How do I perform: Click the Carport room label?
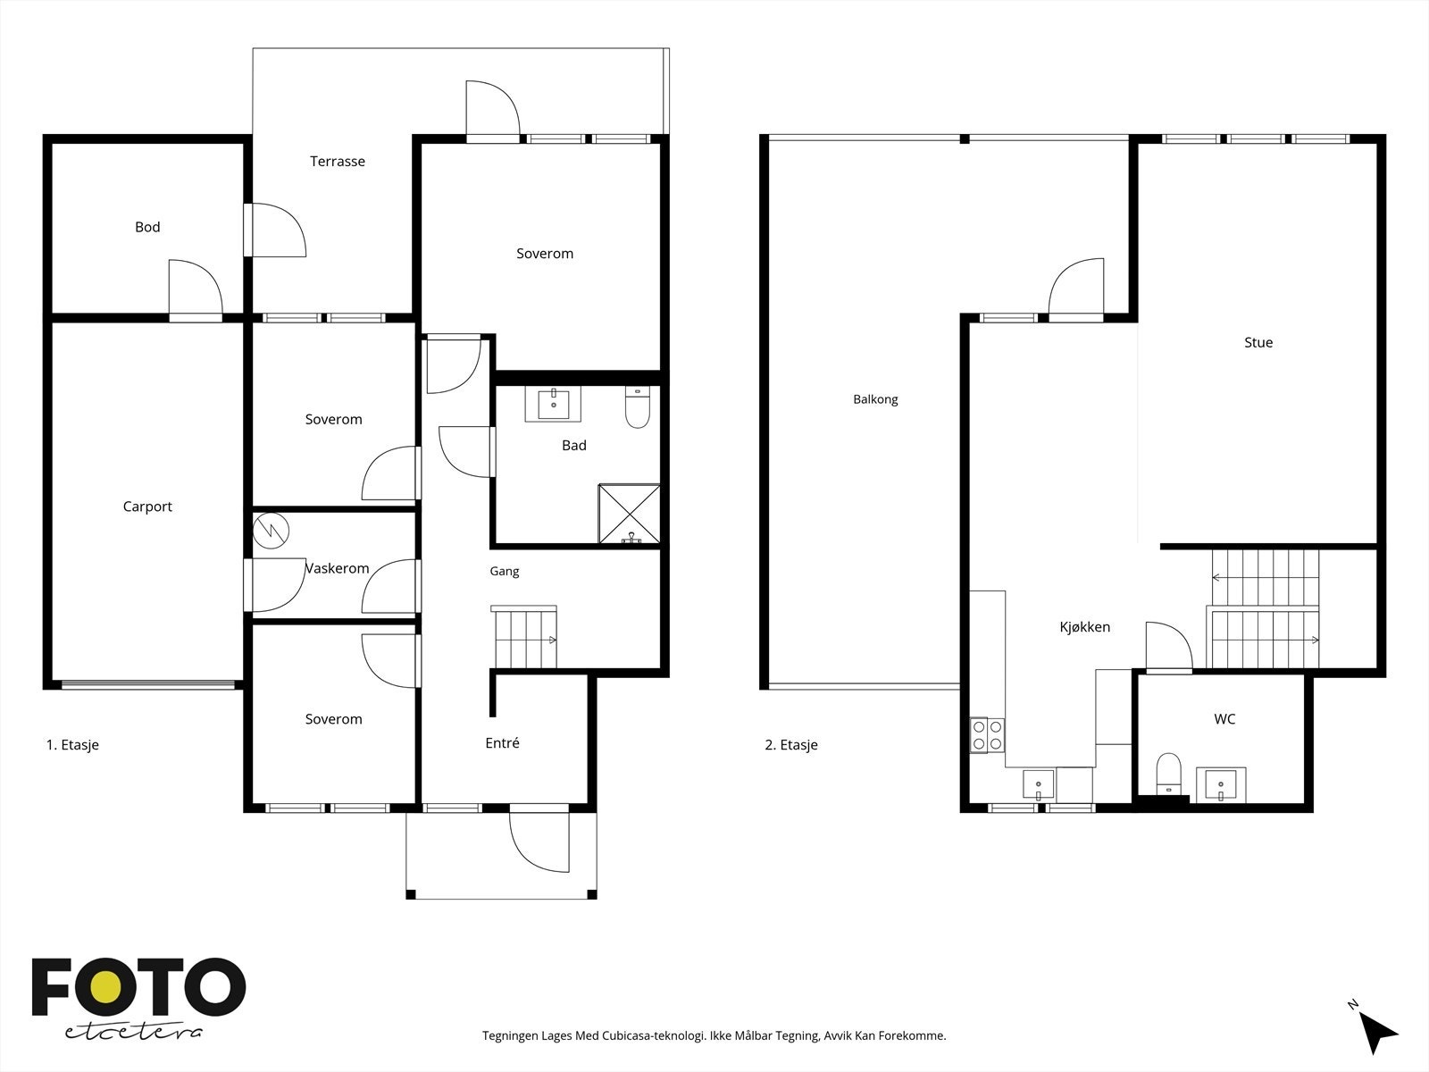click(147, 507)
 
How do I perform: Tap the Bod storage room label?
click(147, 227)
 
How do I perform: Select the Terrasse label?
click(338, 162)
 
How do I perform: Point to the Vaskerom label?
click(338, 568)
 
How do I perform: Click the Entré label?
click(502, 742)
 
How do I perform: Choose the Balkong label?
click(875, 399)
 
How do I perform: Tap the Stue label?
click(1258, 342)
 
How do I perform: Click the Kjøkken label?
click(1084, 627)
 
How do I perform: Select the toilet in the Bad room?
click(638, 407)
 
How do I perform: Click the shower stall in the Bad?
click(630, 514)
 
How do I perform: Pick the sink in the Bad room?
click(554, 404)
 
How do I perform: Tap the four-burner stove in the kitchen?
click(987, 735)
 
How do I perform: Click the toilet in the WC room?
click(1168, 775)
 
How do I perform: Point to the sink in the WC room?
click(1221, 783)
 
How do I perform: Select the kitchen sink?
click(1039, 785)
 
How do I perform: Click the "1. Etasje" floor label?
click(72, 745)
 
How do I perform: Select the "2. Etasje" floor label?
click(791, 745)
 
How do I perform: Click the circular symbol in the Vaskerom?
click(271, 532)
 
